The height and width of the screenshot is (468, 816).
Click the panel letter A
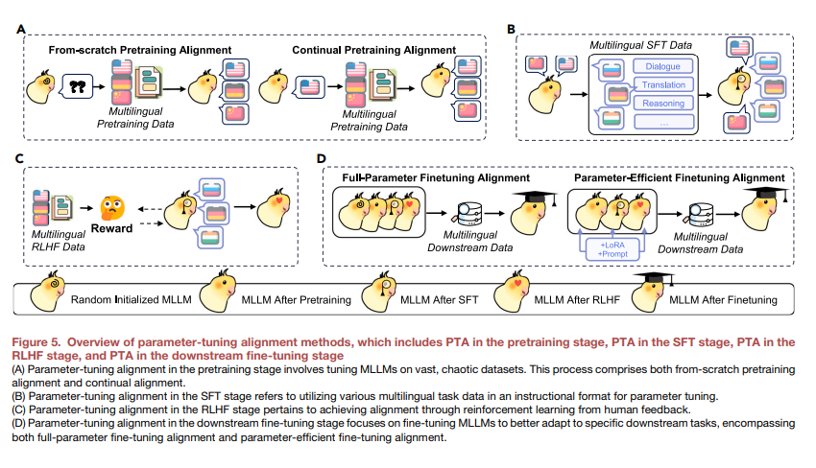(21, 31)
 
